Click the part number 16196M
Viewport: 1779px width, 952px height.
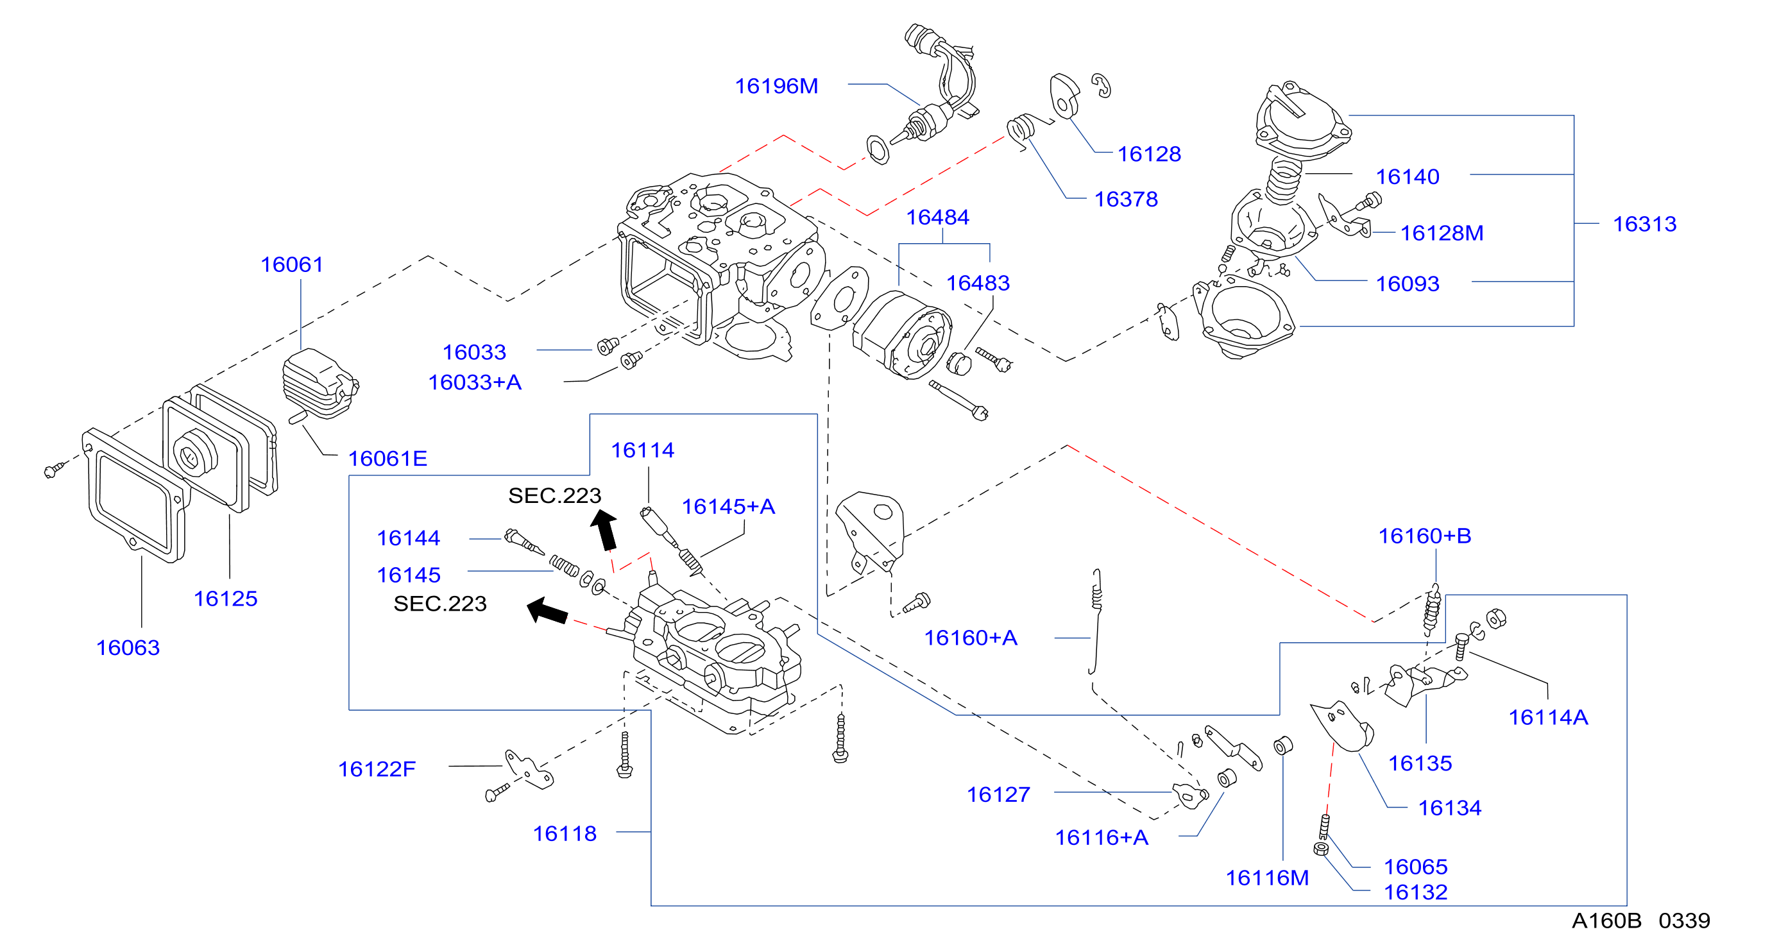(x=776, y=87)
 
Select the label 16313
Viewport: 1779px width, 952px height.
(x=1644, y=224)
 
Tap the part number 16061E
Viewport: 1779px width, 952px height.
(x=387, y=459)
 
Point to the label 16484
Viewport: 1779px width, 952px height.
(x=937, y=217)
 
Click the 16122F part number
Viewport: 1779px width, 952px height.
(x=377, y=769)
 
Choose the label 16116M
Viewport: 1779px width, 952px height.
(x=1267, y=878)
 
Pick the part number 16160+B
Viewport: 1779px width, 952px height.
(x=1425, y=536)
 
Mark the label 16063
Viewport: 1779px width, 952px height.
(x=128, y=647)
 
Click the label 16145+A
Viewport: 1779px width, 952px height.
(x=729, y=507)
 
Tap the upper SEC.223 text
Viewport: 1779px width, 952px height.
(x=554, y=495)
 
